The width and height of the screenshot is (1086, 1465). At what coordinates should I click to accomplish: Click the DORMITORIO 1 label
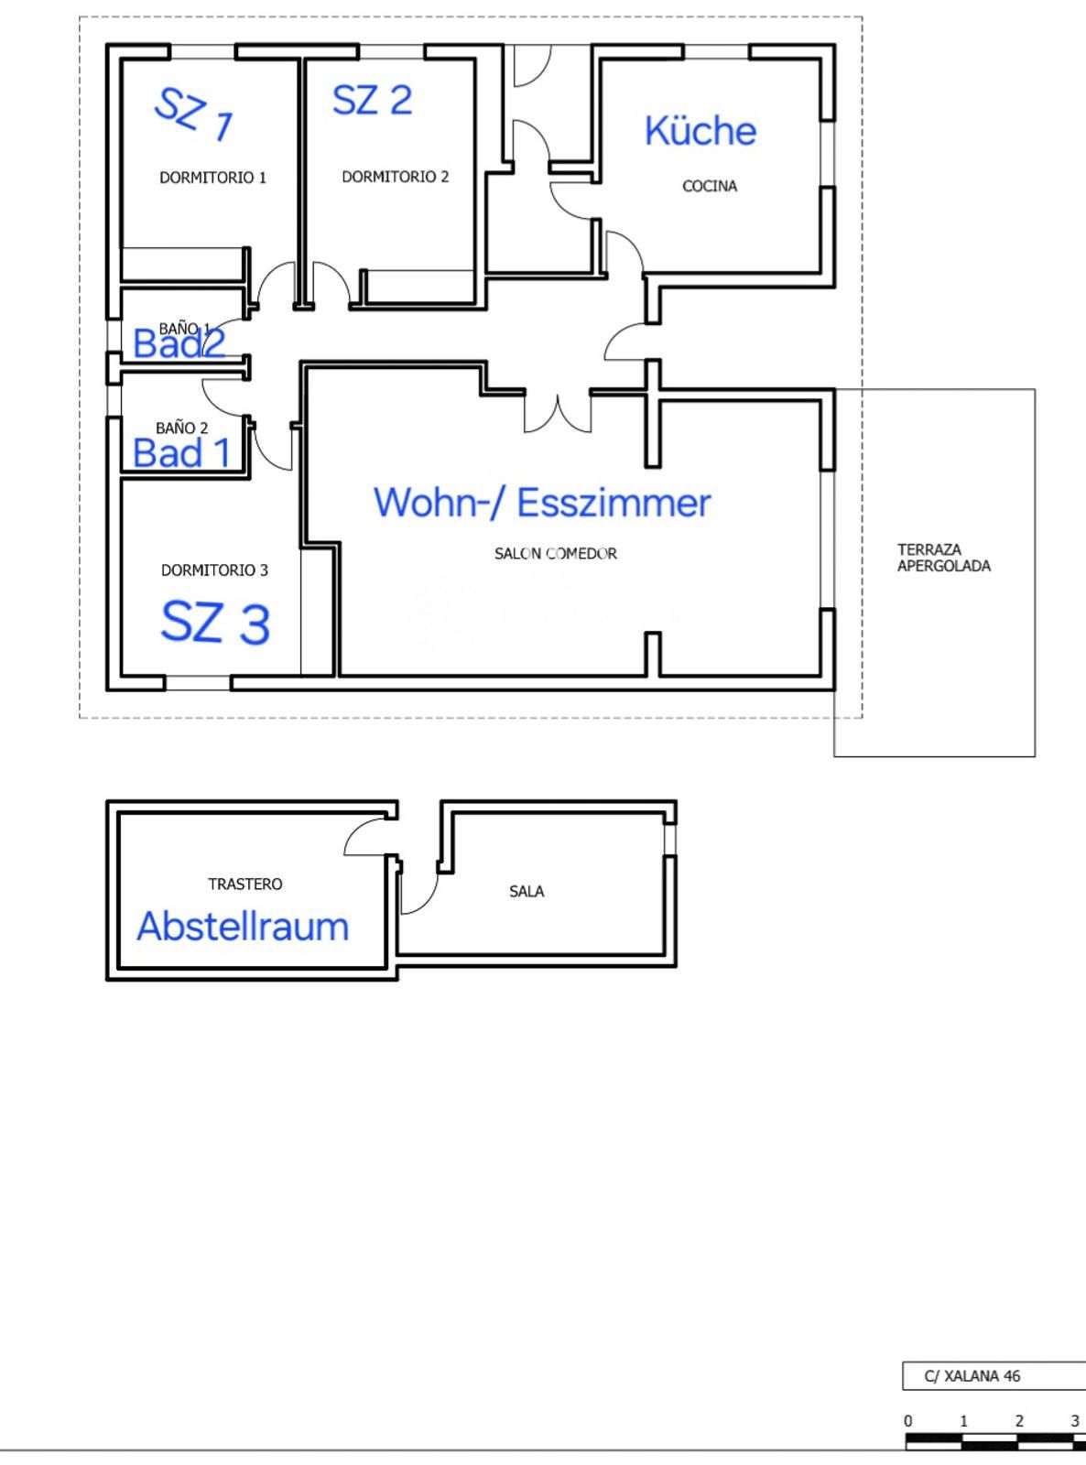pos(212,177)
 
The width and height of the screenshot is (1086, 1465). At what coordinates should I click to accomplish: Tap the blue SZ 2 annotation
pos(372,101)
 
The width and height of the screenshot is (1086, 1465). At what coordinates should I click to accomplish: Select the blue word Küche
pos(700,130)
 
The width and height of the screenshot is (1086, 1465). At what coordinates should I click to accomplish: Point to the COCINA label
pos(710,186)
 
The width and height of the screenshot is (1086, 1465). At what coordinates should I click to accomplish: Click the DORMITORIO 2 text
pos(395,177)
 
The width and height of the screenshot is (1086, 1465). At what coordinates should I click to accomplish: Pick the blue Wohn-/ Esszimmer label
pos(542,503)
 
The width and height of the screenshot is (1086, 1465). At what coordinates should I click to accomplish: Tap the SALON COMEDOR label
pos(556,554)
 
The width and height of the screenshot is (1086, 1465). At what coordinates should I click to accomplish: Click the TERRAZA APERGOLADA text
pos(943,558)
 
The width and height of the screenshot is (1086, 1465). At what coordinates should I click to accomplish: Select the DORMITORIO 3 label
pos(214,570)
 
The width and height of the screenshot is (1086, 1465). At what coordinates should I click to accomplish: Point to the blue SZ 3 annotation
pos(215,623)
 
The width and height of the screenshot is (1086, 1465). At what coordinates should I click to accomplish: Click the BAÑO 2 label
pos(181,428)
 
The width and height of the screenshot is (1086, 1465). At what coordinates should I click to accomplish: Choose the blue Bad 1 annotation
pos(181,453)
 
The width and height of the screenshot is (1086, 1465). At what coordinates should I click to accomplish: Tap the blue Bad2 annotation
pos(179,343)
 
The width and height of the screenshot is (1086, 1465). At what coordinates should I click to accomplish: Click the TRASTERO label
pos(245,884)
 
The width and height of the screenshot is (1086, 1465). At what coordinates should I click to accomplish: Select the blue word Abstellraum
pos(243,926)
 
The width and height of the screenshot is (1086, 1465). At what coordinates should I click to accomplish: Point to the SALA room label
pos(527,891)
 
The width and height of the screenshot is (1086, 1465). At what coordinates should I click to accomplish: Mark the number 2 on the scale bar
pos(1019,1420)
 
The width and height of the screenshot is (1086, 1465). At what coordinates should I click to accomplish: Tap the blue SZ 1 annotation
pos(192,114)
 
